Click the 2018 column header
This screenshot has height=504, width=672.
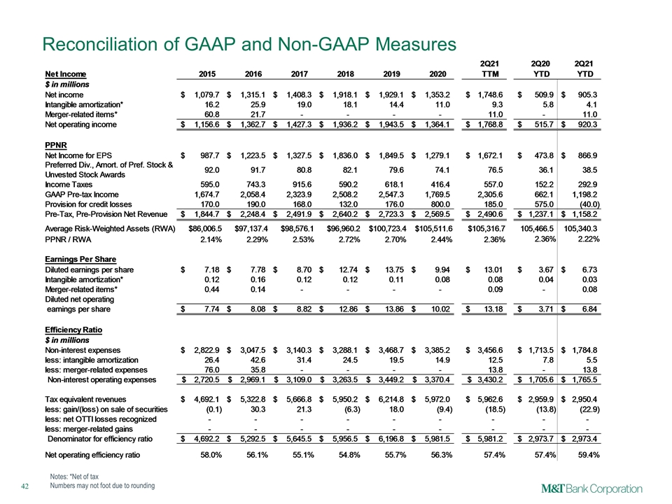pyautogui.click(x=345, y=74)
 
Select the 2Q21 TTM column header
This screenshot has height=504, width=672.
pyautogui.click(x=489, y=69)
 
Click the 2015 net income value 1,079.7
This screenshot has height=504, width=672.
pyautogui.click(x=207, y=94)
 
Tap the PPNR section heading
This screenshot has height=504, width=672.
pyautogui.click(x=56, y=146)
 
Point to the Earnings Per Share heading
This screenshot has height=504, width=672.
pyautogui.click(x=80, y=259)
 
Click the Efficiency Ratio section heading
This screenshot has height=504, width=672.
pyautogui.click(x=73, y=330)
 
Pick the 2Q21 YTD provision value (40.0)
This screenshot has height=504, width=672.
pyautogui.click(x=589, y=204)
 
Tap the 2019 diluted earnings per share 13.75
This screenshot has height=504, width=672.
pyautogui.click(x=394, y=269)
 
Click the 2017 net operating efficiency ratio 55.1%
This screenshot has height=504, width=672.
pyautogui.click(x=303, y=455)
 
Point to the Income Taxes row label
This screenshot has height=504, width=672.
pyautogui.click(x=69, y=185)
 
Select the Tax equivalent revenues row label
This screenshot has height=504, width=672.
pyautogui.click(x=85, y=400)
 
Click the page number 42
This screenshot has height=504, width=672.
pyautogui.click(x=25, y=486)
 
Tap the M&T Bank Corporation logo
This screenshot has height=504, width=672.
pyautogui.click(x=591, y=489)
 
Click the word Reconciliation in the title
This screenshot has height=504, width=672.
pyautogui.click(x=106, y=45)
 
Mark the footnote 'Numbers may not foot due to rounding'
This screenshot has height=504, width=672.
pyautogui.click(x=102, y=486)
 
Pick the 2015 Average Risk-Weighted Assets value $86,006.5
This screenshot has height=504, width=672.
pyautogui.click(x=205, y=229)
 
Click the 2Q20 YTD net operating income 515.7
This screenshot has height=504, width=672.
pyautogui.click(x=544, y=125)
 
